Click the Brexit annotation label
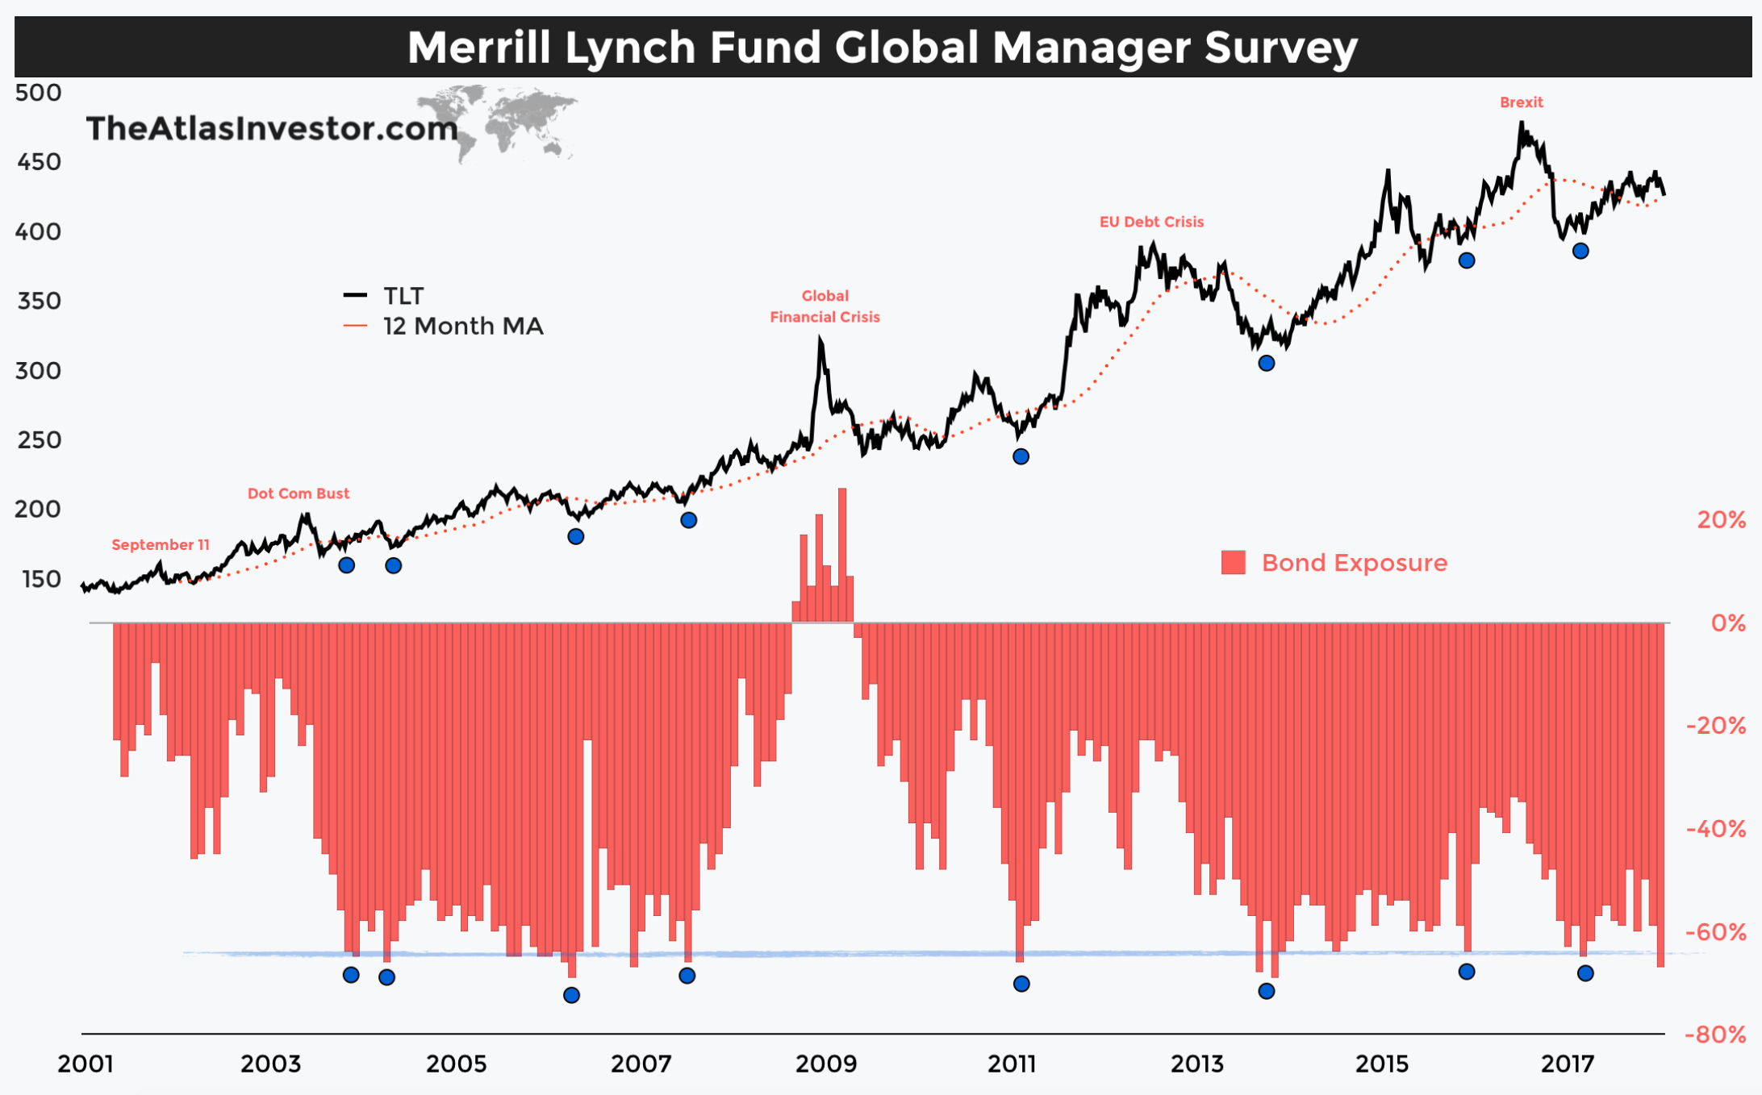click(x=1521, y=102)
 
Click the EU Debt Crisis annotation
click(x=1151, y=222)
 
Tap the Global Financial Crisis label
click(x=825, y=306)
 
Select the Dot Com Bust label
click(x=298, y=493)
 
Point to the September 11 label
click(x=161, y=545)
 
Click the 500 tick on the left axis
click(x=38, y=93)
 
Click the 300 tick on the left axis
click(x=38, y=371)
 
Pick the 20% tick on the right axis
click(x=1721, y=520)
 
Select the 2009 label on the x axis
click(x=826, y=1064)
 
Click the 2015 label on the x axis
click(x=1381, y=1064)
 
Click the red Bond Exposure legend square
click(x=1233, y=563)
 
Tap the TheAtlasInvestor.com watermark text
click(x=271, y=129)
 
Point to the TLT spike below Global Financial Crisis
click(x=820, y=341)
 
